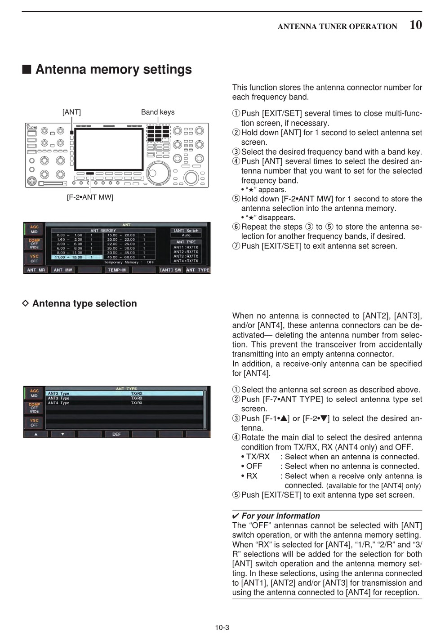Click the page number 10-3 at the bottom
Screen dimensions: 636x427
(222, 627)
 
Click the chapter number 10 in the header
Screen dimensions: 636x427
(415, 25)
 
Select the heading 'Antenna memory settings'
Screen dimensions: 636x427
(113, 70)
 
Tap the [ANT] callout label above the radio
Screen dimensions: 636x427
(71, 112)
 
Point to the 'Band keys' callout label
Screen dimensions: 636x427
(158, 112)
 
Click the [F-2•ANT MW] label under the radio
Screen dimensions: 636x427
(90, 197)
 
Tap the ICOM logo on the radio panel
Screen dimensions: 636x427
(32, 128)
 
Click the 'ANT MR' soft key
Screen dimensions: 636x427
(36, 270)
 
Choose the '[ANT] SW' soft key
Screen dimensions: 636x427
(171, 270)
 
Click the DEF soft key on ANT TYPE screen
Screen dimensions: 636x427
(116, 434)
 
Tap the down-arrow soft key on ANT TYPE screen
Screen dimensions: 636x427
(62, 434)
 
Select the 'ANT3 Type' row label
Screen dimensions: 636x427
(58, 398)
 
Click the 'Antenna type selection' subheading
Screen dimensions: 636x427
(85, 303)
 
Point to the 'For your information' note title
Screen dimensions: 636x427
(280, 516)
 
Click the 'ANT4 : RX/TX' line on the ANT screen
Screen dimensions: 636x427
(186, 261)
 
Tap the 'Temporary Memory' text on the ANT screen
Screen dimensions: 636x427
(121, 262)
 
